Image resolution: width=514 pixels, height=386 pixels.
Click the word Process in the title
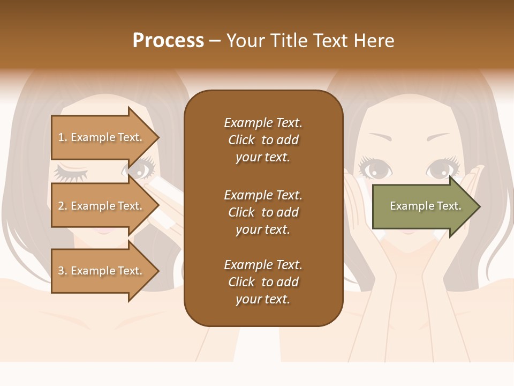point(168,41)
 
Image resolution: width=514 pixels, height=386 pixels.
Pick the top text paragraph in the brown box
point(263,140)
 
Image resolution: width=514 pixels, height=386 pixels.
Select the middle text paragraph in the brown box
point(263,212)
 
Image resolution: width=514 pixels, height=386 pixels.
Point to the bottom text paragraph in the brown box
point(263,282)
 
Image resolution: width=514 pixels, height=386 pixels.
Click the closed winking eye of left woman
point(70,173)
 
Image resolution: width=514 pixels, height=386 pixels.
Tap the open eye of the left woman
point(140,170)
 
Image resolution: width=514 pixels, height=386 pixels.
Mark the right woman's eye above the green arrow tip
point(441,169)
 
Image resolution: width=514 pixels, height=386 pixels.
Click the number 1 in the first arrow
point(61,137)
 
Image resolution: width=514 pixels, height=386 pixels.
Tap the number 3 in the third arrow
point(61,271)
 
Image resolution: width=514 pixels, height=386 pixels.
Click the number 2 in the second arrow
point(61,206)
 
